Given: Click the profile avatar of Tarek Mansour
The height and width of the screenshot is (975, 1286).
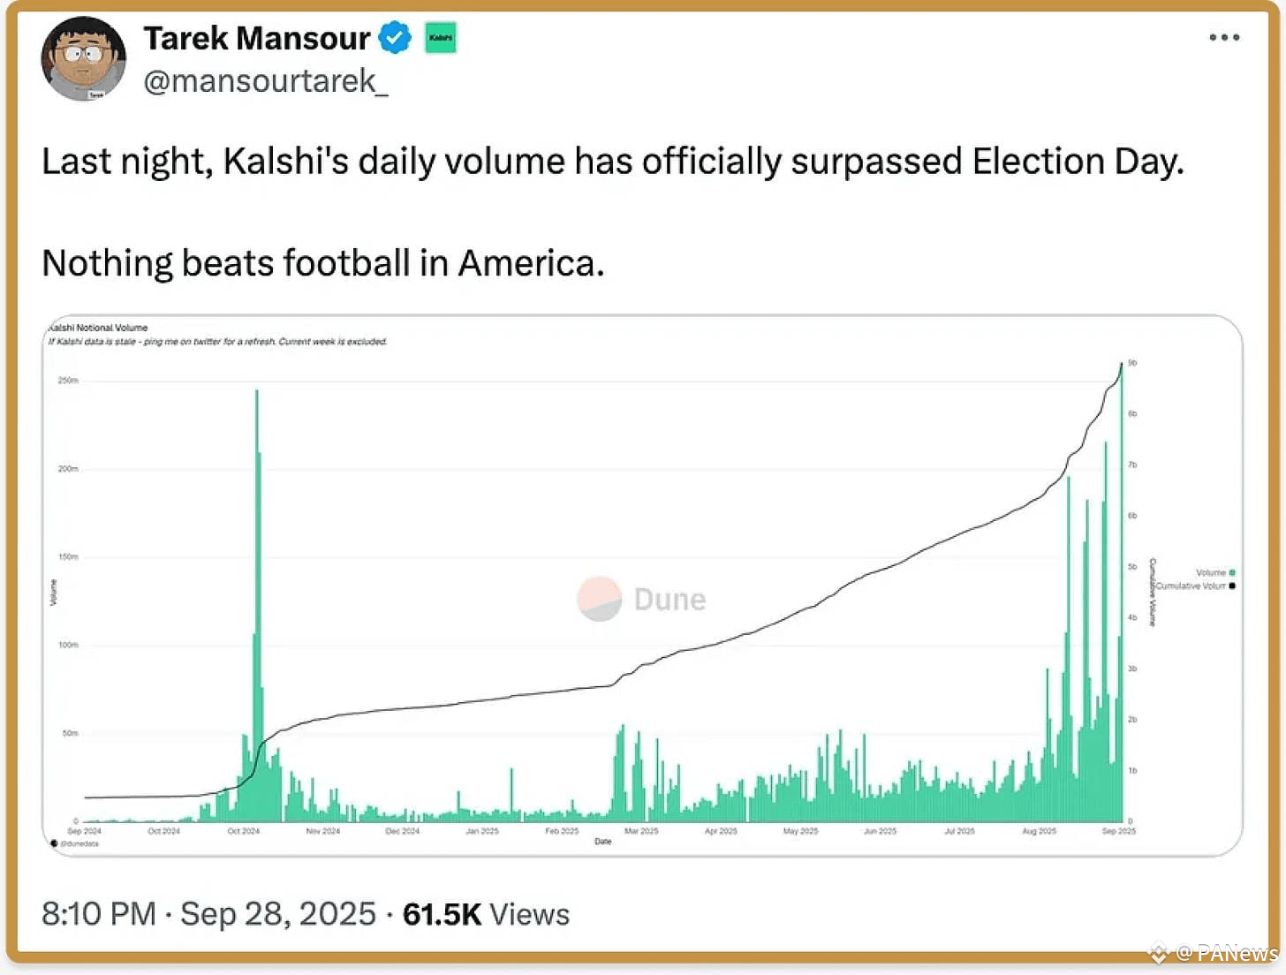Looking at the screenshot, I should pyautogui.click(x=84, y=58).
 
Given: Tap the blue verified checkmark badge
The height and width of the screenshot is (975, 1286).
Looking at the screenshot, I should pyautogui.click(x=395, y=38).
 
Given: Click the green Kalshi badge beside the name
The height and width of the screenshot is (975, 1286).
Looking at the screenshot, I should pyautogui.click(x=441, y=38).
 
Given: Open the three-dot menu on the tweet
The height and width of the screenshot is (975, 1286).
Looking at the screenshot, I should pyautogui.click(x=1224, y=37).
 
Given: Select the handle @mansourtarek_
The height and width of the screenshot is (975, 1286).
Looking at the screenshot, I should pyautogui.click(x=265, y=81).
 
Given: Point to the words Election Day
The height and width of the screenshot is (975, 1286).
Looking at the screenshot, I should pyautogui.click(x=1077, y=162).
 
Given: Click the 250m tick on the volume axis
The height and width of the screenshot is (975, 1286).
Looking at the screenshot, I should pyautogui.click(x=68, y=381).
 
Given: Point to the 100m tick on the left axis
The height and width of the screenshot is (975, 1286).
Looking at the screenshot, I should pyautogui.click(x=68, y=645).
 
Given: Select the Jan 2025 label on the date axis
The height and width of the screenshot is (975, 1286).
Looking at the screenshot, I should pyautogui.click(x=482, y=831).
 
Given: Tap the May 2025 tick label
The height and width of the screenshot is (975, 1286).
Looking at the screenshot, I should pyautogui.click(x=800, y=831).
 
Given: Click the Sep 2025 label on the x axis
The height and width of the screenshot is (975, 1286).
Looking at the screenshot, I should pyautogui.click(x=1119, y=831).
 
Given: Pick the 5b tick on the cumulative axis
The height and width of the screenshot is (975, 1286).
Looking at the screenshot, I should pyautogui.click(x=1132, y=567).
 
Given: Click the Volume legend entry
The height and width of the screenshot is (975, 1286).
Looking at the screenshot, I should pyautogui.click(x=1215, y=572).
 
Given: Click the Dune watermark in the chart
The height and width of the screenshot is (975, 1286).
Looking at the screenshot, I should pyautogui.click(x=642, y=599).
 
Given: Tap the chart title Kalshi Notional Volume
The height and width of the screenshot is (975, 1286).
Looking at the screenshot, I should pyautogui.click(x=98, y=328).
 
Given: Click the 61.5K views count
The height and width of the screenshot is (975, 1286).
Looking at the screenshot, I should pyautogui.click(x=442, y=914).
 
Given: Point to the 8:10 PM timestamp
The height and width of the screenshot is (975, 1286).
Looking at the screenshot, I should pyautogui.click(x=98, y=914).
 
